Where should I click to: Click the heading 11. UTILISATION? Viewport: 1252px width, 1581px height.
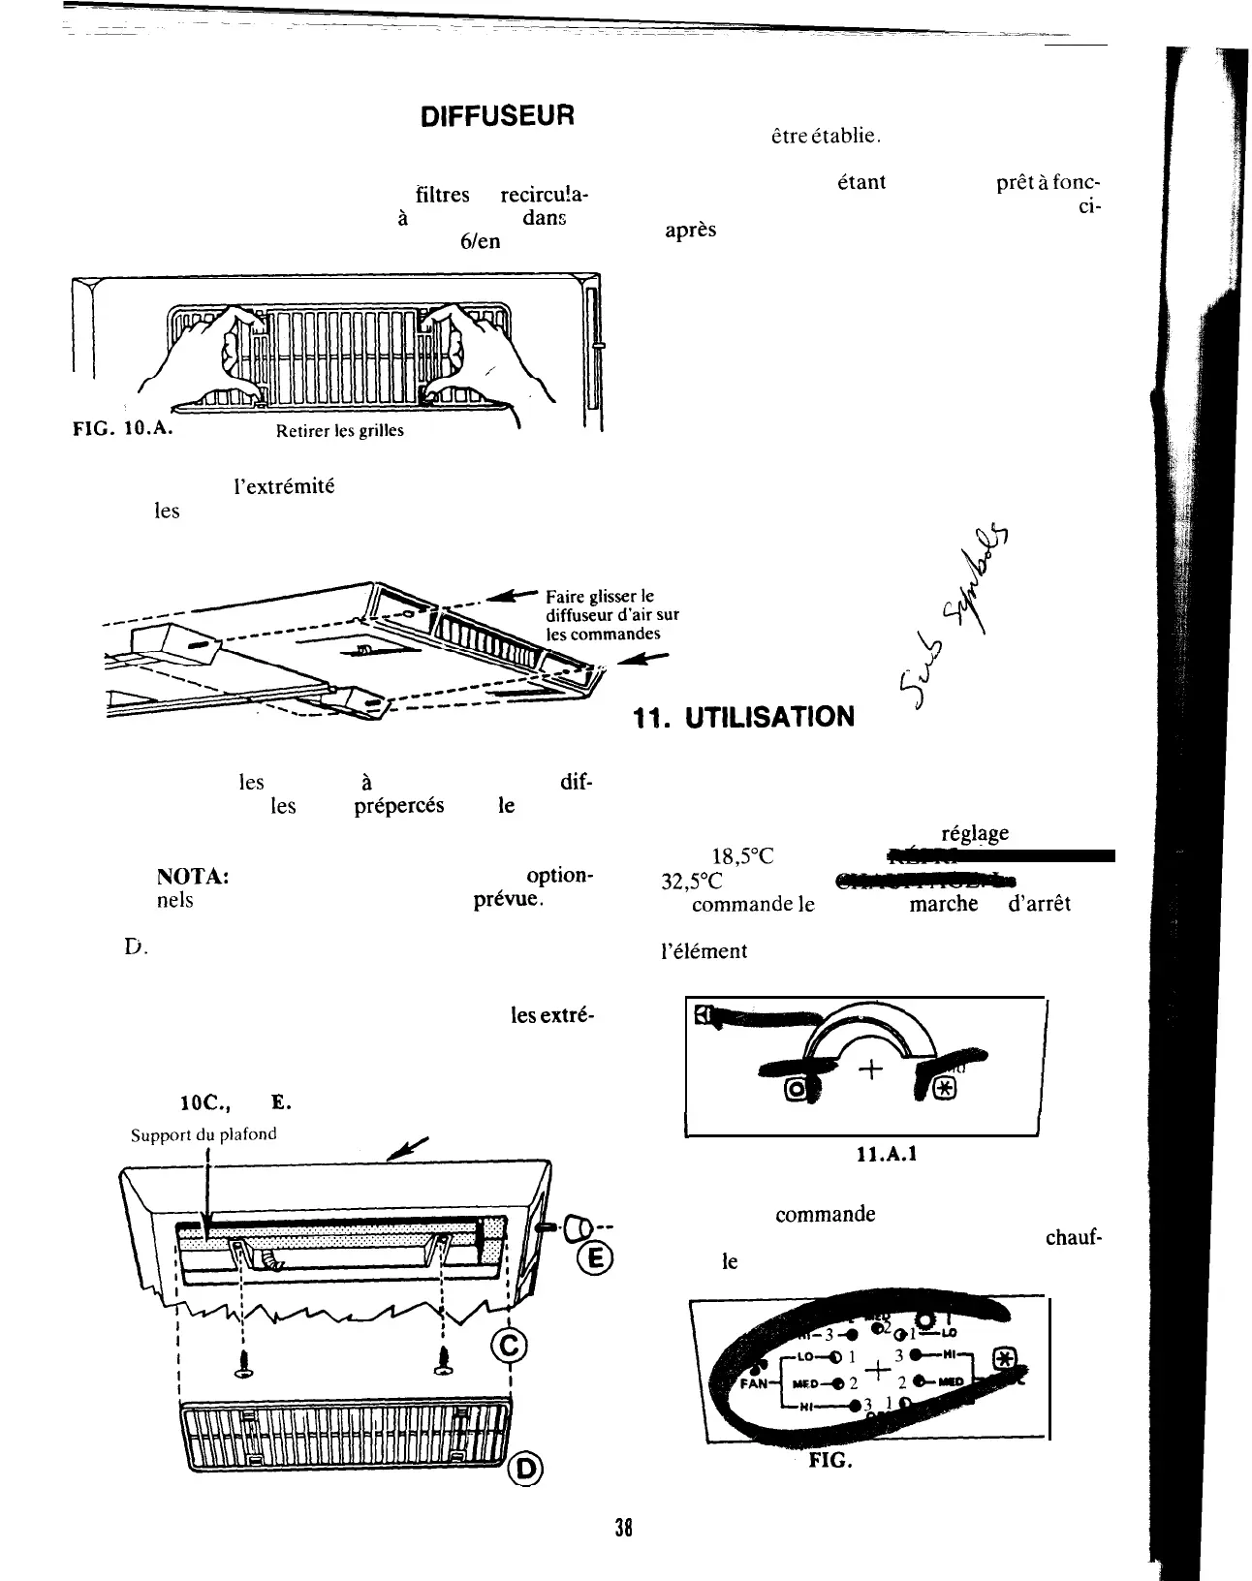pyautogui.click(x=743, y=718)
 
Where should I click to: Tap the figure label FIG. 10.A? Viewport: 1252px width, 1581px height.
pyautogui.click(x=123, y=428)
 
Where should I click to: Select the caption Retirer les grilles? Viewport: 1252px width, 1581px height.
pyautogui.click(x=339, y=431)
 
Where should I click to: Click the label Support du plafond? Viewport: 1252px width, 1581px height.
pyautogui.click(x=204, y=1134)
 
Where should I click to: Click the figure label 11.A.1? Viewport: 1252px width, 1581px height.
pyautogui.click(x=883, y=1155)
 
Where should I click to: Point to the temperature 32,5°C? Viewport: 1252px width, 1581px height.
pyautogui.click(x=690, y=882)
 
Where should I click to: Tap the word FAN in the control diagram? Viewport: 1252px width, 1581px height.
pyautogui.click(x=754, y=1384)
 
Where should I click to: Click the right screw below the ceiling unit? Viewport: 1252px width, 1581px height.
pyautogui.click(x=444, y=1365)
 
